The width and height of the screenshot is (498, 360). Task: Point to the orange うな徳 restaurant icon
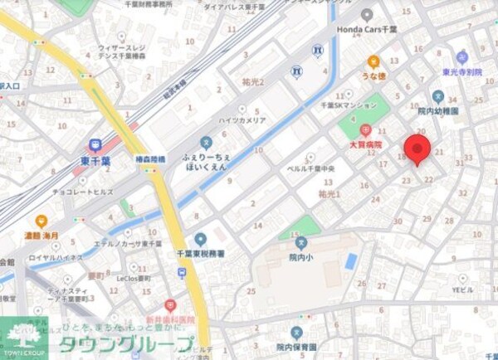(x=373, y=61)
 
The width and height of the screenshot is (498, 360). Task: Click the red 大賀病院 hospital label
(x=365, y=145)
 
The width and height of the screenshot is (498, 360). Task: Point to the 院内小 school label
(x=300, y=258)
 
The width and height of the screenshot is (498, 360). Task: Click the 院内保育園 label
(x=296, y=348)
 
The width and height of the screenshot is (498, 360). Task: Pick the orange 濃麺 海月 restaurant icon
(x=41, y=221)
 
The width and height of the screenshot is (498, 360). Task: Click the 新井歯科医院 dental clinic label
(x=169, y=320)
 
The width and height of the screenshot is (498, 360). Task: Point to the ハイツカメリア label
(x=242, y=121)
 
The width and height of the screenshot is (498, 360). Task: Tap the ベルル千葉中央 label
(x=308, y=169)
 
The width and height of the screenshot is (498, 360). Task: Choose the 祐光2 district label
(x=249, y=83)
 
